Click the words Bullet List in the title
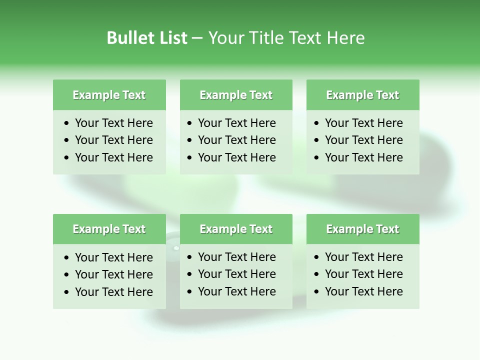point(147,38)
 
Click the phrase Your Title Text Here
point(286,38)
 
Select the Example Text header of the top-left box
point(109,95)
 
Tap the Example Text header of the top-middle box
point(236,95)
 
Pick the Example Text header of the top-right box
point(362,95)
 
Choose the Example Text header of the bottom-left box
point(109,229)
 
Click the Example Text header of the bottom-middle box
point(236,229)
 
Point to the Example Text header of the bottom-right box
point(362,229)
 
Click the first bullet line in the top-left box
point(113,123)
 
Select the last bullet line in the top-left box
point(113,157)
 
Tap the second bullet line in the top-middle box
point(236,140)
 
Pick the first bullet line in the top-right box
point(363,123)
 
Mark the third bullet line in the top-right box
point(363,157)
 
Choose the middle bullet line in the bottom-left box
point(113,274)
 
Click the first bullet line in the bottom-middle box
point(236,257)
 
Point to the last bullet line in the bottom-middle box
point(236,291)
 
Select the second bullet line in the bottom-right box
point(363,274)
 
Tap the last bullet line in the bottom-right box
point(363,291)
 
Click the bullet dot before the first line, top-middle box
point(189,123)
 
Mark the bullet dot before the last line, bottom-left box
point(66,292)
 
